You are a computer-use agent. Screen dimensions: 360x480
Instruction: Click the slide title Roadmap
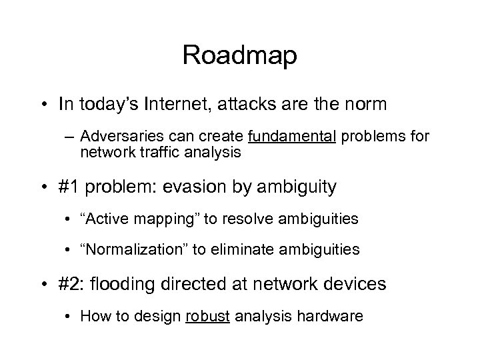[x=240, y=55]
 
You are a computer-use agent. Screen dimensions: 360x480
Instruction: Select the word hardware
[x=333, y=315]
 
